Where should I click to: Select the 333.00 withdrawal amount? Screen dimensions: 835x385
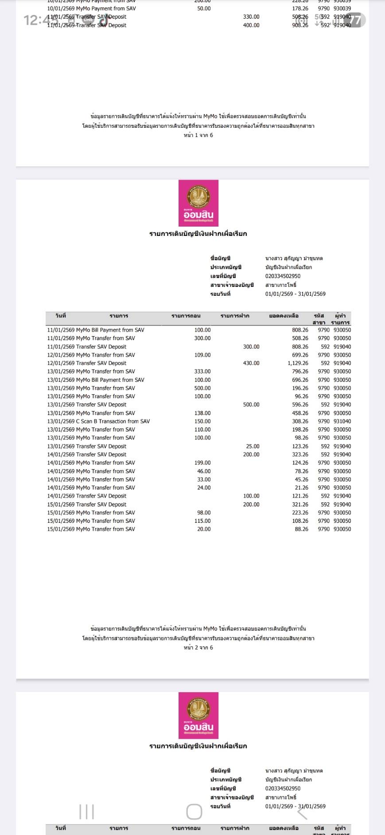(x=202, y=372)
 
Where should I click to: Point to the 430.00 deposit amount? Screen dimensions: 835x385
(x=251, y=363)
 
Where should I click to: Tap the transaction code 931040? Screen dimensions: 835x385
(x=342, y=421)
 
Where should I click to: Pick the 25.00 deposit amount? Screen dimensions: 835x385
(x=253, y=446)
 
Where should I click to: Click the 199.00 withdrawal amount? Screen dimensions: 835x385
(x=202, y=463)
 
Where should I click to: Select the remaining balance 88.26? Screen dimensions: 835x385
(x=301, y=529)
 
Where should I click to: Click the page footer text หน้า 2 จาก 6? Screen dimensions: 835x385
(x=198, y=647)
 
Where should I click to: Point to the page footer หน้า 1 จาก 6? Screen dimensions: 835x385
(x=198, y=135)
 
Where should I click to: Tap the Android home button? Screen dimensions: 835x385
(x=194, y=812)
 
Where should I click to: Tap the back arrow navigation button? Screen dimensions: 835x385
(x=302, y=812)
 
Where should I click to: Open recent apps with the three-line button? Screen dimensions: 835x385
(x=87, y=812)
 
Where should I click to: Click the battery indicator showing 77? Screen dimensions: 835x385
(x=355, y=20)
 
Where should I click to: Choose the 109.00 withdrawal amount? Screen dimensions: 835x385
(x=202, y=355)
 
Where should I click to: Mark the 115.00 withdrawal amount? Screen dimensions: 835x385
(x=202, y=521)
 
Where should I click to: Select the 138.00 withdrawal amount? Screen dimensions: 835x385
(x=202, y=413)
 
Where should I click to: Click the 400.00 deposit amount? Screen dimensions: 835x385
(x=251, y=25)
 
